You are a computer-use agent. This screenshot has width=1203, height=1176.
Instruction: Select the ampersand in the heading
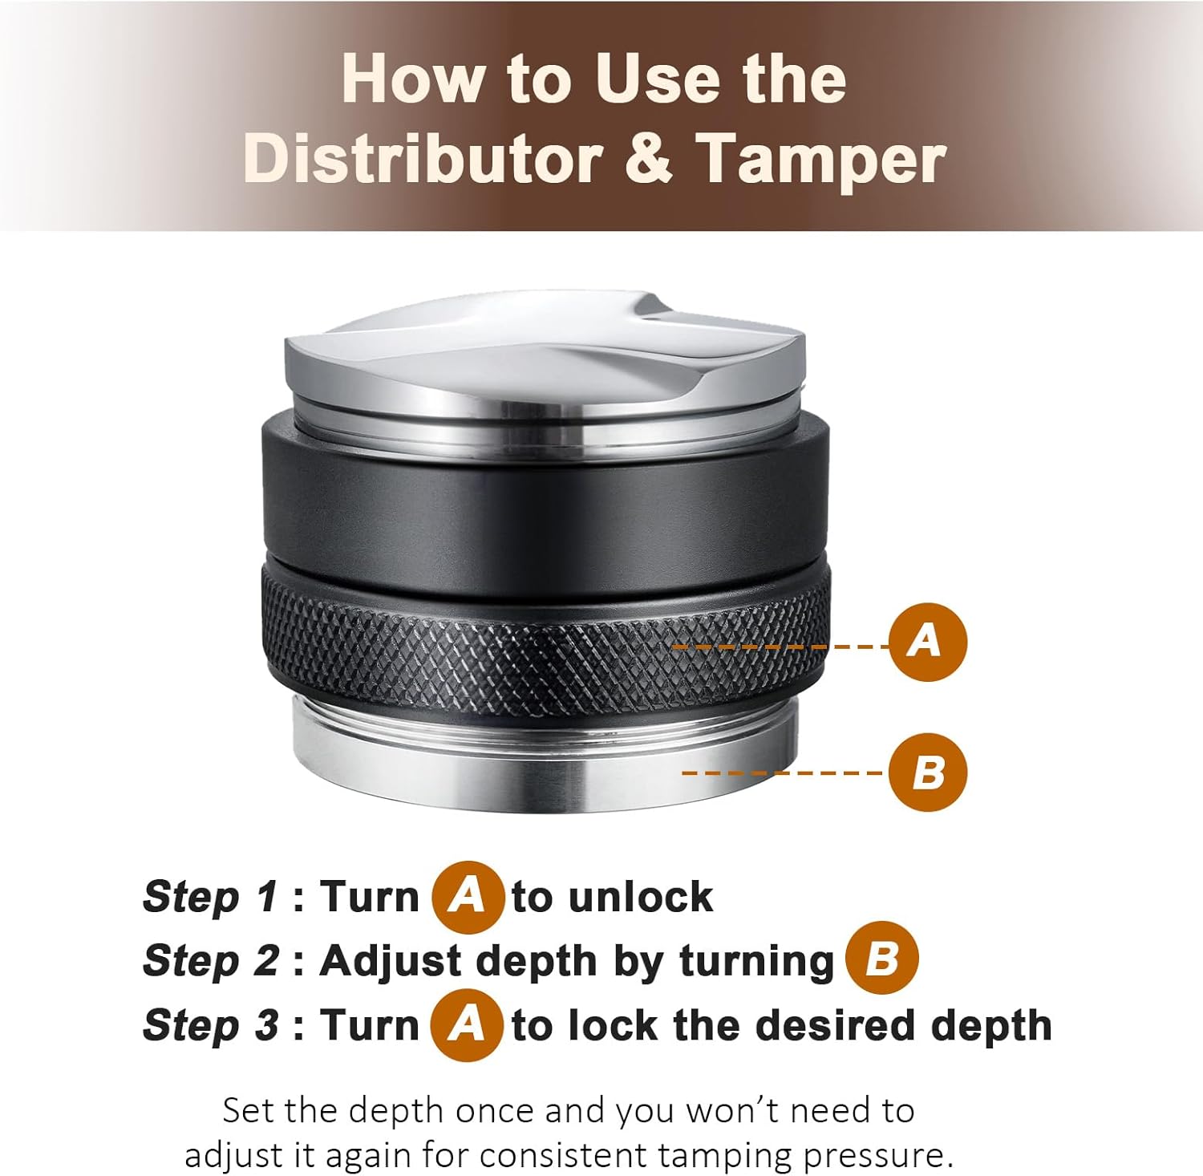click(648, 157)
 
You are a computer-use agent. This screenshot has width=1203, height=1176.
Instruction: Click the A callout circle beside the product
click(928, 642)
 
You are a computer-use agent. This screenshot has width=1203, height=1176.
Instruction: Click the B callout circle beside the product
click(928, 773)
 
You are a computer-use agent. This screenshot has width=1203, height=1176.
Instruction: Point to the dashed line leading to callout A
click(778, 646)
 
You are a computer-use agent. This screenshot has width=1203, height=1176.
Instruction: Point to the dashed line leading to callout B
click(782, 773)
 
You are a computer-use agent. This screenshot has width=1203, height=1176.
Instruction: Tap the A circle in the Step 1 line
click(468, 896)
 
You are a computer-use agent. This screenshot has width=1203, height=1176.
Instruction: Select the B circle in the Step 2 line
click(881, 959)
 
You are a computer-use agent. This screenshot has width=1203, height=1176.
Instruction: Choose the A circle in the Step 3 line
click(466, 1024)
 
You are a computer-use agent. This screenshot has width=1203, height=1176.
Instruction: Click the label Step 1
click(210, 897)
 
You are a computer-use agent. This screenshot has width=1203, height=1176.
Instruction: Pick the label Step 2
click(210, 960)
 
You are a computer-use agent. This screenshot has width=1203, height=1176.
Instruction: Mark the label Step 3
click(210, 1025)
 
